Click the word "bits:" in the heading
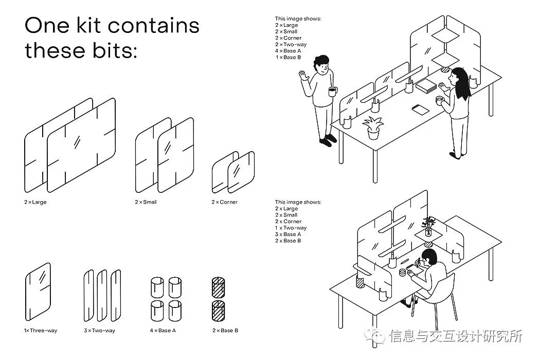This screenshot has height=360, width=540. click(115, 50)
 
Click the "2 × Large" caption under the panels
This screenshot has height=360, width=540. click(35, 202)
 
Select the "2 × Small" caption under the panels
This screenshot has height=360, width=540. click(146, 202)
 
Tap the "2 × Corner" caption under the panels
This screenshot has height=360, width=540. click(224, 202)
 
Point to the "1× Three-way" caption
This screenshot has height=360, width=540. click(41, 331)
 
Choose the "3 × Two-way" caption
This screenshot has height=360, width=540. click(99, 331)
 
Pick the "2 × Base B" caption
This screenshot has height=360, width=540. click(225, 331)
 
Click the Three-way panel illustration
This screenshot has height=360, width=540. click(39, 291)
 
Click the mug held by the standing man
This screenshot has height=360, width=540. click(332, 92)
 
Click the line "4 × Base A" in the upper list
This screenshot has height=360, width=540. click(288, 51)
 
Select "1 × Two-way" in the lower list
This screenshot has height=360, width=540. click(291, 228)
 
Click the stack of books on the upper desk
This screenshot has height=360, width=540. click(426, 86)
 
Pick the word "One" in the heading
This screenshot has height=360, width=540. click(45, 25)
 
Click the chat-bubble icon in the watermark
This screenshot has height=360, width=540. click(379, 337)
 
